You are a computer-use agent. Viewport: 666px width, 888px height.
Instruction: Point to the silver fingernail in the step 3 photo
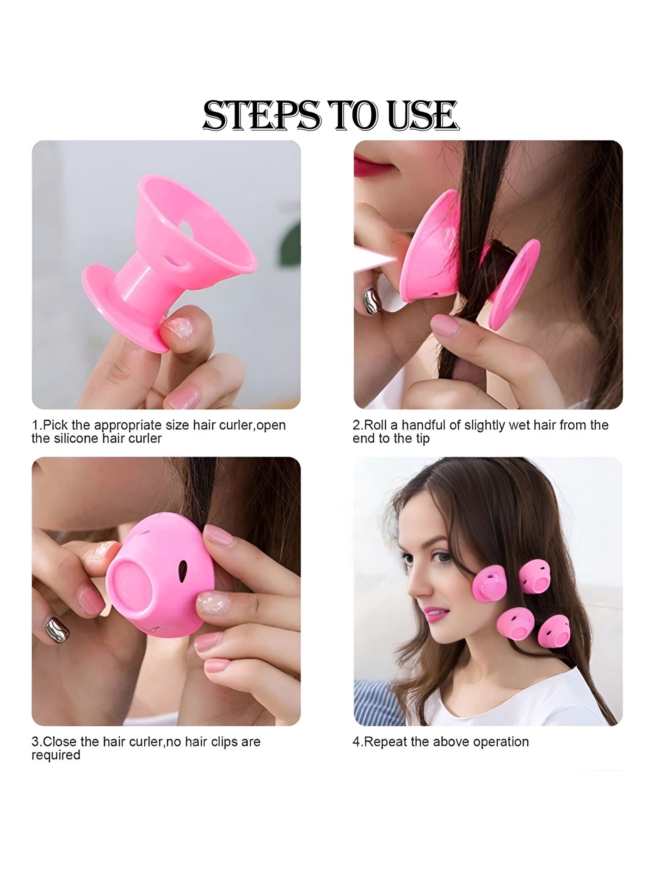57,630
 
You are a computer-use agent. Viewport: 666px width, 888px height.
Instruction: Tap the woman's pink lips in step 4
435,615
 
